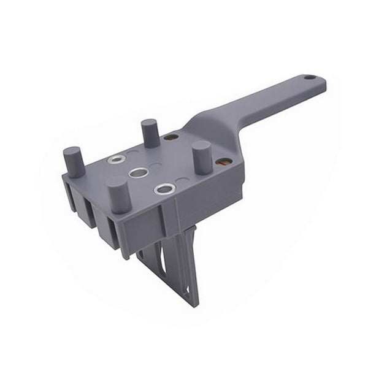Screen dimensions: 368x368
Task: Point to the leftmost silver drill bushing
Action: click(113, 160)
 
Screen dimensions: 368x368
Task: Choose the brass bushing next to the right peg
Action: click(224, 162)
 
